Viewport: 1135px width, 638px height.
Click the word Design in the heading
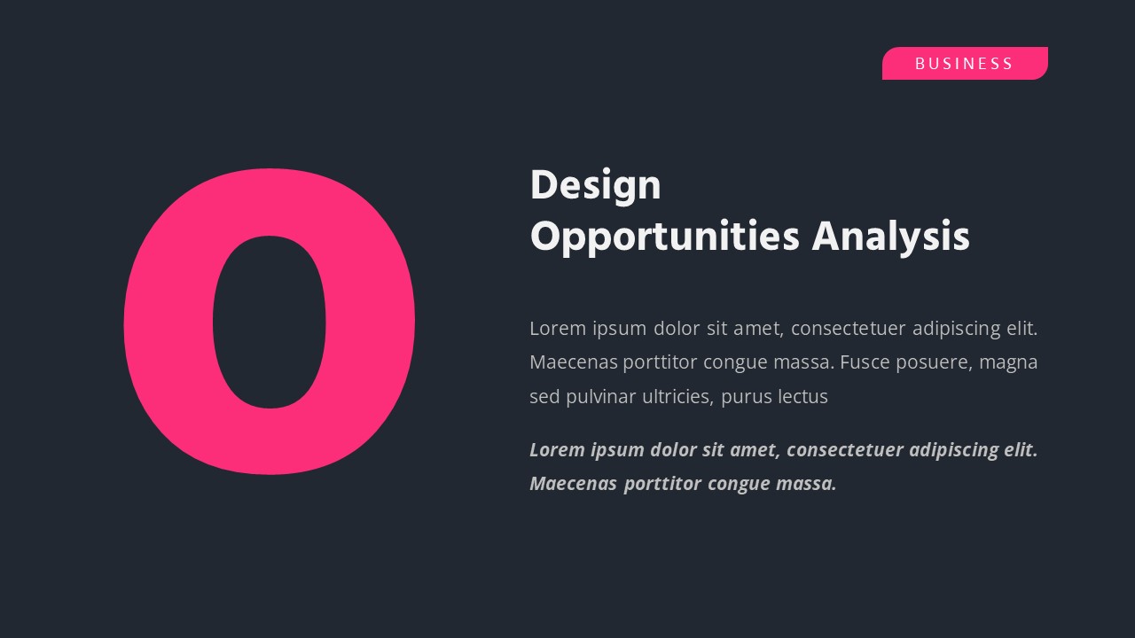tap(595, 186)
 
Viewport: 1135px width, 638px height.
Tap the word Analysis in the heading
tap(890, 237)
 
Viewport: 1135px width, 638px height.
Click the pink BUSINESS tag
tap(965, 64)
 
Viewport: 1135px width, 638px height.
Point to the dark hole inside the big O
tap(270, 322)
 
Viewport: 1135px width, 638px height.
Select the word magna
tap(1008, 362)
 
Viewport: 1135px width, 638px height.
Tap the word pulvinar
tap(599, 397)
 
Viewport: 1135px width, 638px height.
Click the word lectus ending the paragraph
tap(802, 397)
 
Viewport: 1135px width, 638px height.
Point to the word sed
tap(544, 397)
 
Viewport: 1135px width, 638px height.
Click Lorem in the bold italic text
tap(557, 450)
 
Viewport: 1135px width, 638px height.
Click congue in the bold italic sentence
tap(739, 484)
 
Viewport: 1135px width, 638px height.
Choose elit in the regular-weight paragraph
tap(1021, 329)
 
